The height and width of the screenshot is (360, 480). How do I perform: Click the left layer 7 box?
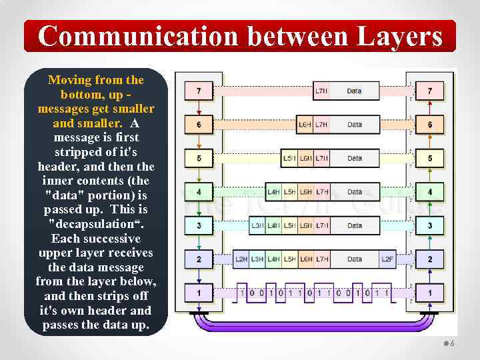(199, 91)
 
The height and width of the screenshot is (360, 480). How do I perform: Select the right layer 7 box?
(430, 91)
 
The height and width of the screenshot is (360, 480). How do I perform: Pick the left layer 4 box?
(199, 192)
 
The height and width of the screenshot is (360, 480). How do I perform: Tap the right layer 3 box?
(430, 225)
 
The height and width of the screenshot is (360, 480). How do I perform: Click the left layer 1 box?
(199, 292)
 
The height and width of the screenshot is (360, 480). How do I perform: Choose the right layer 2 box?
(430, 259)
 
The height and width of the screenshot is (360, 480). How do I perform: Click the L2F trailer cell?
(387, 259)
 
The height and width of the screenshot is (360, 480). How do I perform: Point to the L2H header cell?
(241, 259)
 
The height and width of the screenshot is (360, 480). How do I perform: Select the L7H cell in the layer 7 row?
(321, 91)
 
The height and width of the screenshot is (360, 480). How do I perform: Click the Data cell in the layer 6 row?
(355, 125)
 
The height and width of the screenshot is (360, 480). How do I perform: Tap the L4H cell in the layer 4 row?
(273, 192)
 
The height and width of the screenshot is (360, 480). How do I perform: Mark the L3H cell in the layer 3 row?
(257, 225)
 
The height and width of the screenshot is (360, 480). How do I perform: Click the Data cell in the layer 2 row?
(355, 259)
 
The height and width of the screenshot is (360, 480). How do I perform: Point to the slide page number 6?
(452, 343)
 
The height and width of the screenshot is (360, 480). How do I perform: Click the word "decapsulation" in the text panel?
(95, 224)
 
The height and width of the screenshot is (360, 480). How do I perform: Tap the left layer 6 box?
(199, 125)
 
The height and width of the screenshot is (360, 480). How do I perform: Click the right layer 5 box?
(430, 158)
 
